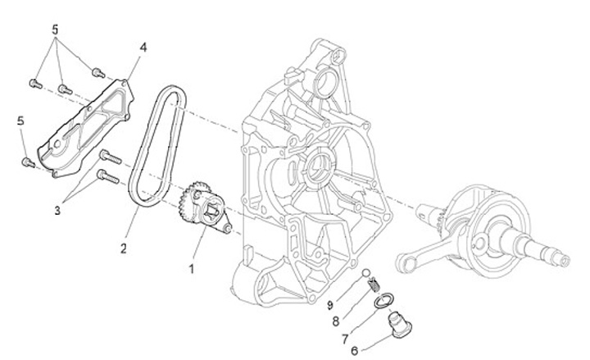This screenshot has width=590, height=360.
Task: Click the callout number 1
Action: click(193, 268)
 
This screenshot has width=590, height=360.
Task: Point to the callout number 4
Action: click(143, 48)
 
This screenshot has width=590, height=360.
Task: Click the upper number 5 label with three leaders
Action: click(56, 28)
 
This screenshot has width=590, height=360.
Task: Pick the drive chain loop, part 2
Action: click(156, 148)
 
